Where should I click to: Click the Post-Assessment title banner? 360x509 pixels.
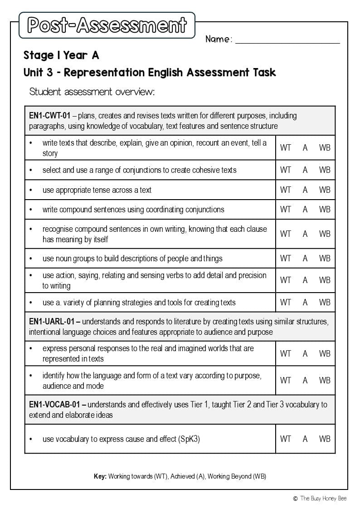(x=107, y=25)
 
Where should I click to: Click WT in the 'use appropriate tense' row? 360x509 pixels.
(x=286, y=190)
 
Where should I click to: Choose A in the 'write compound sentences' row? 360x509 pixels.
(x=305, y=210)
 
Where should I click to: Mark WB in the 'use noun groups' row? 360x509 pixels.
(x=325, y=258)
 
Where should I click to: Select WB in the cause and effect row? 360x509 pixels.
(x=325, y=439)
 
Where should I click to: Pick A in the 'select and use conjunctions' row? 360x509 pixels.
(x=305, y=170)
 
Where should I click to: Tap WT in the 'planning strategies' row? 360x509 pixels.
(x=286, y=302)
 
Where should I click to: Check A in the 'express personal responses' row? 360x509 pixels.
(x=305, y=353)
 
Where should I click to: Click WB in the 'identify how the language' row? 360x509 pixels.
(x=325, y=380)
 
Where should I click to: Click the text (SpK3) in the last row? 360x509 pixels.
(x=190, y=439)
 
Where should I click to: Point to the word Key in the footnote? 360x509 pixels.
(x=100, y=476)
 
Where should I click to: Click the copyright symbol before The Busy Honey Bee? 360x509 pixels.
(x=295, y=499)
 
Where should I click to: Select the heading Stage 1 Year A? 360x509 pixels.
(x=61, y=55)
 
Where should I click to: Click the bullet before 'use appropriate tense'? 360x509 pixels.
(x=31, y=190)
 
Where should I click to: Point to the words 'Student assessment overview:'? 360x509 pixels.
(x=92, y=92)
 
